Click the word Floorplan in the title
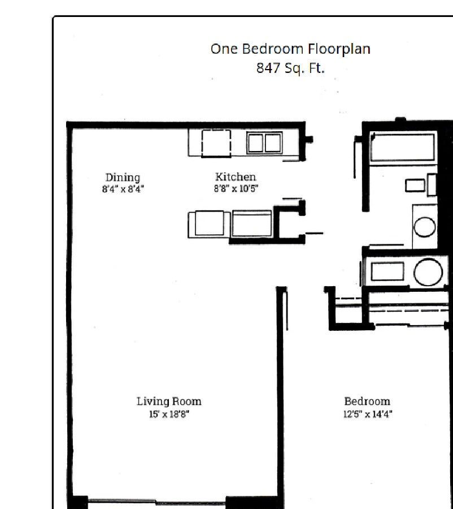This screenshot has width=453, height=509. (339, 49)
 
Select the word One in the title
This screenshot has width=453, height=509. (224, 49)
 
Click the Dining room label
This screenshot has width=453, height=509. (123, 178)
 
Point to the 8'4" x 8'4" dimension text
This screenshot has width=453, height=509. (123, 189)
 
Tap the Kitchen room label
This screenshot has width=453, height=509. (236, 177)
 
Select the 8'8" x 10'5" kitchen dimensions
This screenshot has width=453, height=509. (236, 188)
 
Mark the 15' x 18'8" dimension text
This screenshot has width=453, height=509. (169, 414)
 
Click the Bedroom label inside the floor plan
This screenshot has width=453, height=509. (367, 402)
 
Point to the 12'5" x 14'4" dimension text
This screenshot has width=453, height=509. (368, 414)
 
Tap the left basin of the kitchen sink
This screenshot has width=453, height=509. (255, 143)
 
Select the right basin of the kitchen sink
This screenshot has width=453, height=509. (273, 143)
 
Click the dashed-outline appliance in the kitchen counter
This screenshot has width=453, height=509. (216, 144)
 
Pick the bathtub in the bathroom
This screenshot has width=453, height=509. (402, 147)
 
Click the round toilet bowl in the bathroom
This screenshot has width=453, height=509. (425, 227)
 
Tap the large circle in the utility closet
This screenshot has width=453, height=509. (428, 272)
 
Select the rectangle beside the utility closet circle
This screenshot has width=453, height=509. (387, 271)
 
